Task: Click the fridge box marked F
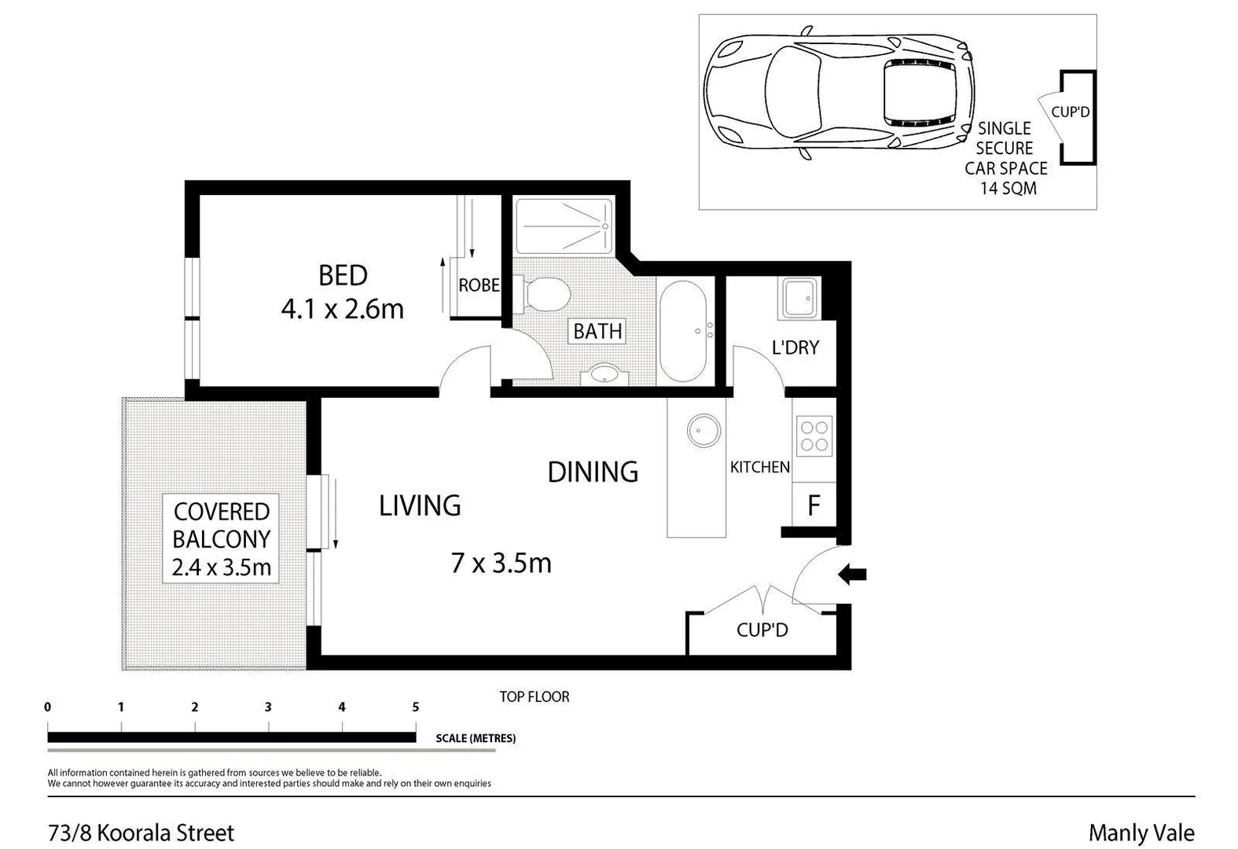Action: (x=814, y=505)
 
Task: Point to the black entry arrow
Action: (x=852, y=575)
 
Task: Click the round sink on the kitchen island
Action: (x=703, y=431)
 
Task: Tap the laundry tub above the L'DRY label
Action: (x=799, y=299)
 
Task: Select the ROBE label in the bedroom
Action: (x=479, y=285)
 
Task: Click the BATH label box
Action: (x=597, y=331)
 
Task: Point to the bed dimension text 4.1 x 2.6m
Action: (x=343, y=309)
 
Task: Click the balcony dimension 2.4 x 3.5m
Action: (x=222, y=567)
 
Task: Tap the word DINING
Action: (x=593, y=472)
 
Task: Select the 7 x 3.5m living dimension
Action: (x=501, y=563)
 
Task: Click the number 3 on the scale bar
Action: (x=268, y=707)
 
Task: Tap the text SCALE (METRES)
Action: (x=476, y=738)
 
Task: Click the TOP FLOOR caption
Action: (x=535, y=696)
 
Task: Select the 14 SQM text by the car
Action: (x=1008, y=189)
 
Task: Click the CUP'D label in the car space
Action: (x=1070, y=112)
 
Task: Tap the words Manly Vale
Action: (x=1141, y=832)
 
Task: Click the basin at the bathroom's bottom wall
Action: (x=604, y=374)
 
